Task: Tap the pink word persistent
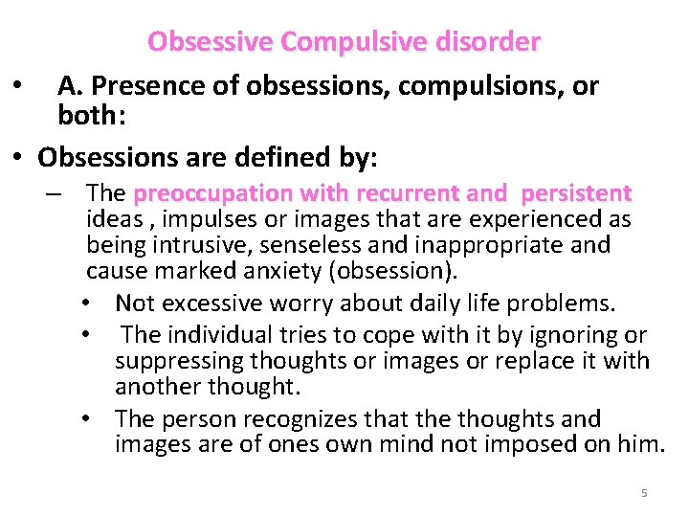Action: click(576, 193)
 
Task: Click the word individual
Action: click(219, 335)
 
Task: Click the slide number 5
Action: click(644, 493)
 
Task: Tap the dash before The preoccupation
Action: click(60, 193)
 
